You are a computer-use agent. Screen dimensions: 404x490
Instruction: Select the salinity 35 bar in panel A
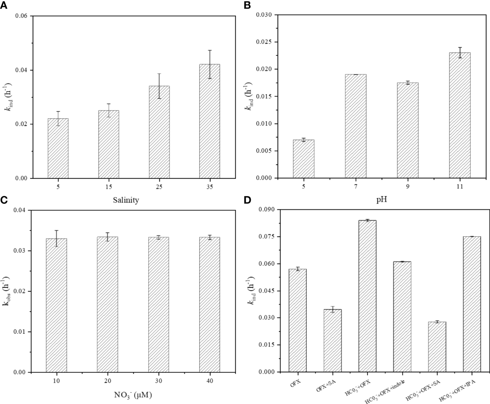(210, 121)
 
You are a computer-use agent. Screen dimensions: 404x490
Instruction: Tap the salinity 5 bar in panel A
(58, 148)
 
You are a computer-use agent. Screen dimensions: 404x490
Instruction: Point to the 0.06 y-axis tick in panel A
(22, 16)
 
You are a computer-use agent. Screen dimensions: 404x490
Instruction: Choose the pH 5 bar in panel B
(303, 159)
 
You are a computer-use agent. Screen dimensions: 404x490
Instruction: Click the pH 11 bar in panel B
(459, 115)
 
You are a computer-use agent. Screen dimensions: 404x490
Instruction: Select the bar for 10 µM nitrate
(56, 305)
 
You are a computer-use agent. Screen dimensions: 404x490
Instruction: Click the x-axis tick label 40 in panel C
(210, 381)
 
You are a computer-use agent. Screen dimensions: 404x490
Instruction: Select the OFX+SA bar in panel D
(333, 341)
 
